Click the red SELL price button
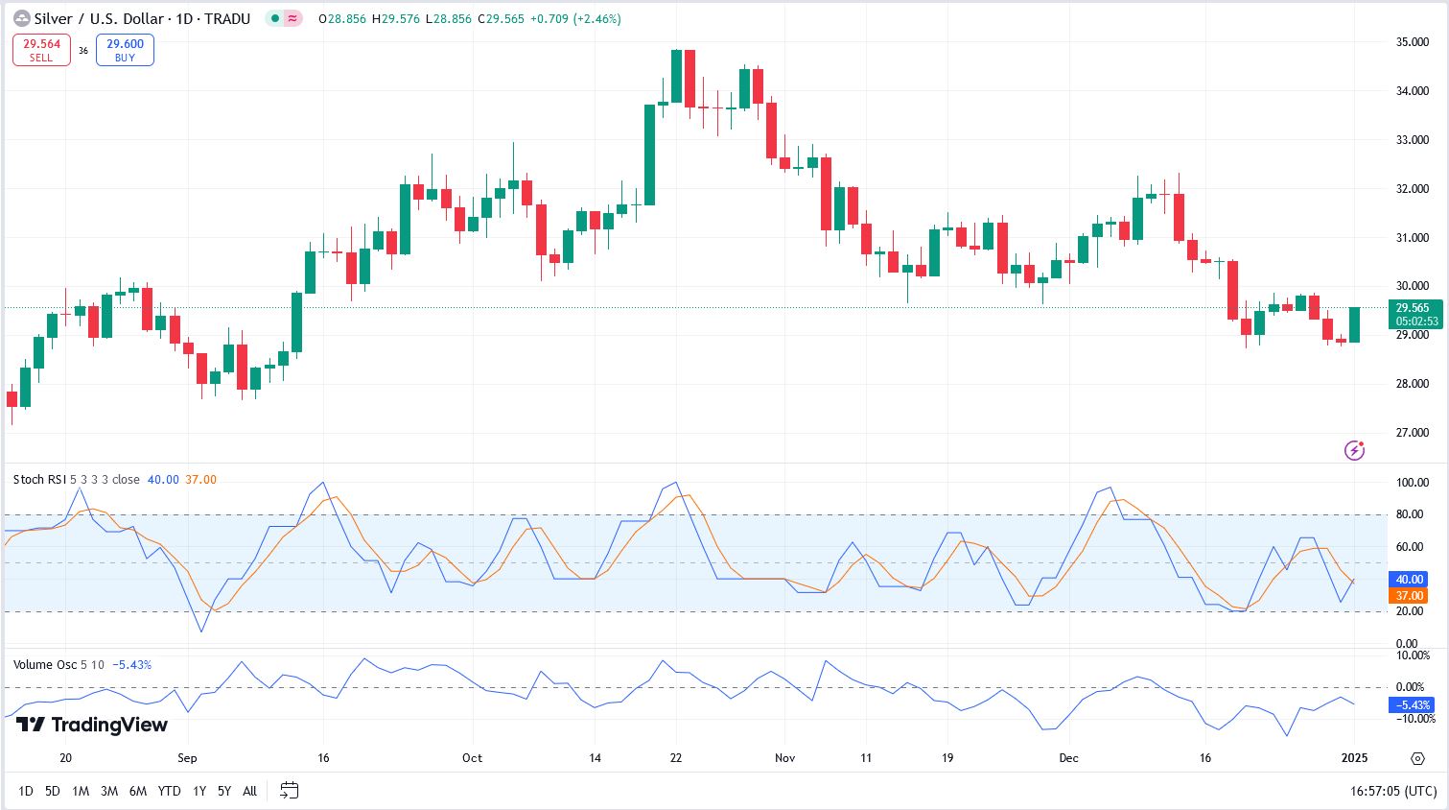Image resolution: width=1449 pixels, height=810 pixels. (x=41, y=50)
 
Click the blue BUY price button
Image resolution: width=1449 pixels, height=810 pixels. (x=125, y=50)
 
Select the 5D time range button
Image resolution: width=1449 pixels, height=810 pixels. (x=53, y=791)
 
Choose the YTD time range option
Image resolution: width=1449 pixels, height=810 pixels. (x=169, y=791)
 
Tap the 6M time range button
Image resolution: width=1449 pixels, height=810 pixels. (x=138, y=791)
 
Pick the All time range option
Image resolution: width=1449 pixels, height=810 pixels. (x=249, y=791)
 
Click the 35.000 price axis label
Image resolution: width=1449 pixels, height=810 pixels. (x=1413, y=42)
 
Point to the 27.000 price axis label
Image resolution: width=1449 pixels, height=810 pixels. (x=1413, y=433)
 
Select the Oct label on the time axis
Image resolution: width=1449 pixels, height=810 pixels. (x=472, y=757)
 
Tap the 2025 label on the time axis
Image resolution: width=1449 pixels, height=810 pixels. (x=1354, y=757)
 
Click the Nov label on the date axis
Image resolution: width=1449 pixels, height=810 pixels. (x=784, y=757)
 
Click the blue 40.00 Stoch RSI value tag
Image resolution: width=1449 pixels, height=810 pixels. (x=1409, y=580)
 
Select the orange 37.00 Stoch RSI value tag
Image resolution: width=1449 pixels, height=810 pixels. (x=1409, y=596)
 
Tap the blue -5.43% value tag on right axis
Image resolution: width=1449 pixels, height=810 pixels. (x=1412, y=704)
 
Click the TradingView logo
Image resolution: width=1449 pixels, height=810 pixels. (x=92, y=725)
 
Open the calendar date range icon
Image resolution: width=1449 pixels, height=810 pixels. (x=289, y=791)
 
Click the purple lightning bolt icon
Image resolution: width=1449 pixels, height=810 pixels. (x=1354, y=449)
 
